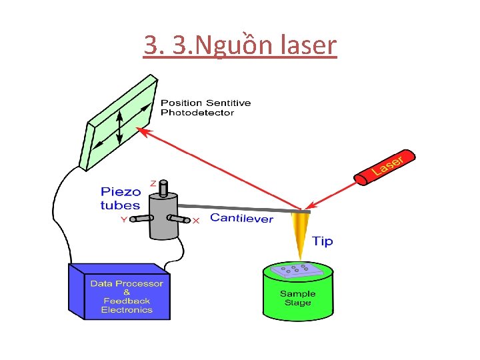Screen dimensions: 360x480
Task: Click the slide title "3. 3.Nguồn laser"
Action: tap(240, 45)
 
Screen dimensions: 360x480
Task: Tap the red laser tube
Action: tap(387, 167)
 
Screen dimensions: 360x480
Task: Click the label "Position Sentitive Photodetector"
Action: tap(206, 107)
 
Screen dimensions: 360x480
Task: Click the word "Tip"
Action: tap(323, 241)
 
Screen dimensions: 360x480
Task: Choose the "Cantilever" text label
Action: tap(241, 218)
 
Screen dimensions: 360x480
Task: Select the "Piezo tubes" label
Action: tap(121, 199)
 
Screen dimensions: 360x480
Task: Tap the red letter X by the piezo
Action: tap(195, 221)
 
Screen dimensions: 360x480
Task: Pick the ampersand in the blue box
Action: tap(127, 292)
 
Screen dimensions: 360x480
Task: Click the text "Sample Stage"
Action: tap(297, 298)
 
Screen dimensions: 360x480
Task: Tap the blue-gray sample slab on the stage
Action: tap(297, 270)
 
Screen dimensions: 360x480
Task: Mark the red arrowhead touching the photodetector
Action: tap(143, 131)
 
